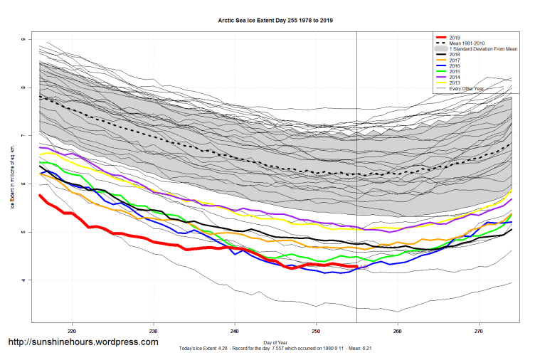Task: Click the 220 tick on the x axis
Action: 72,331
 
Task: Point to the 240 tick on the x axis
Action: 235,331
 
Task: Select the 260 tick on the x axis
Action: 397,331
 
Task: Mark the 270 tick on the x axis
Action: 479,331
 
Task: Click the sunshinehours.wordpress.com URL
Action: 83,342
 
